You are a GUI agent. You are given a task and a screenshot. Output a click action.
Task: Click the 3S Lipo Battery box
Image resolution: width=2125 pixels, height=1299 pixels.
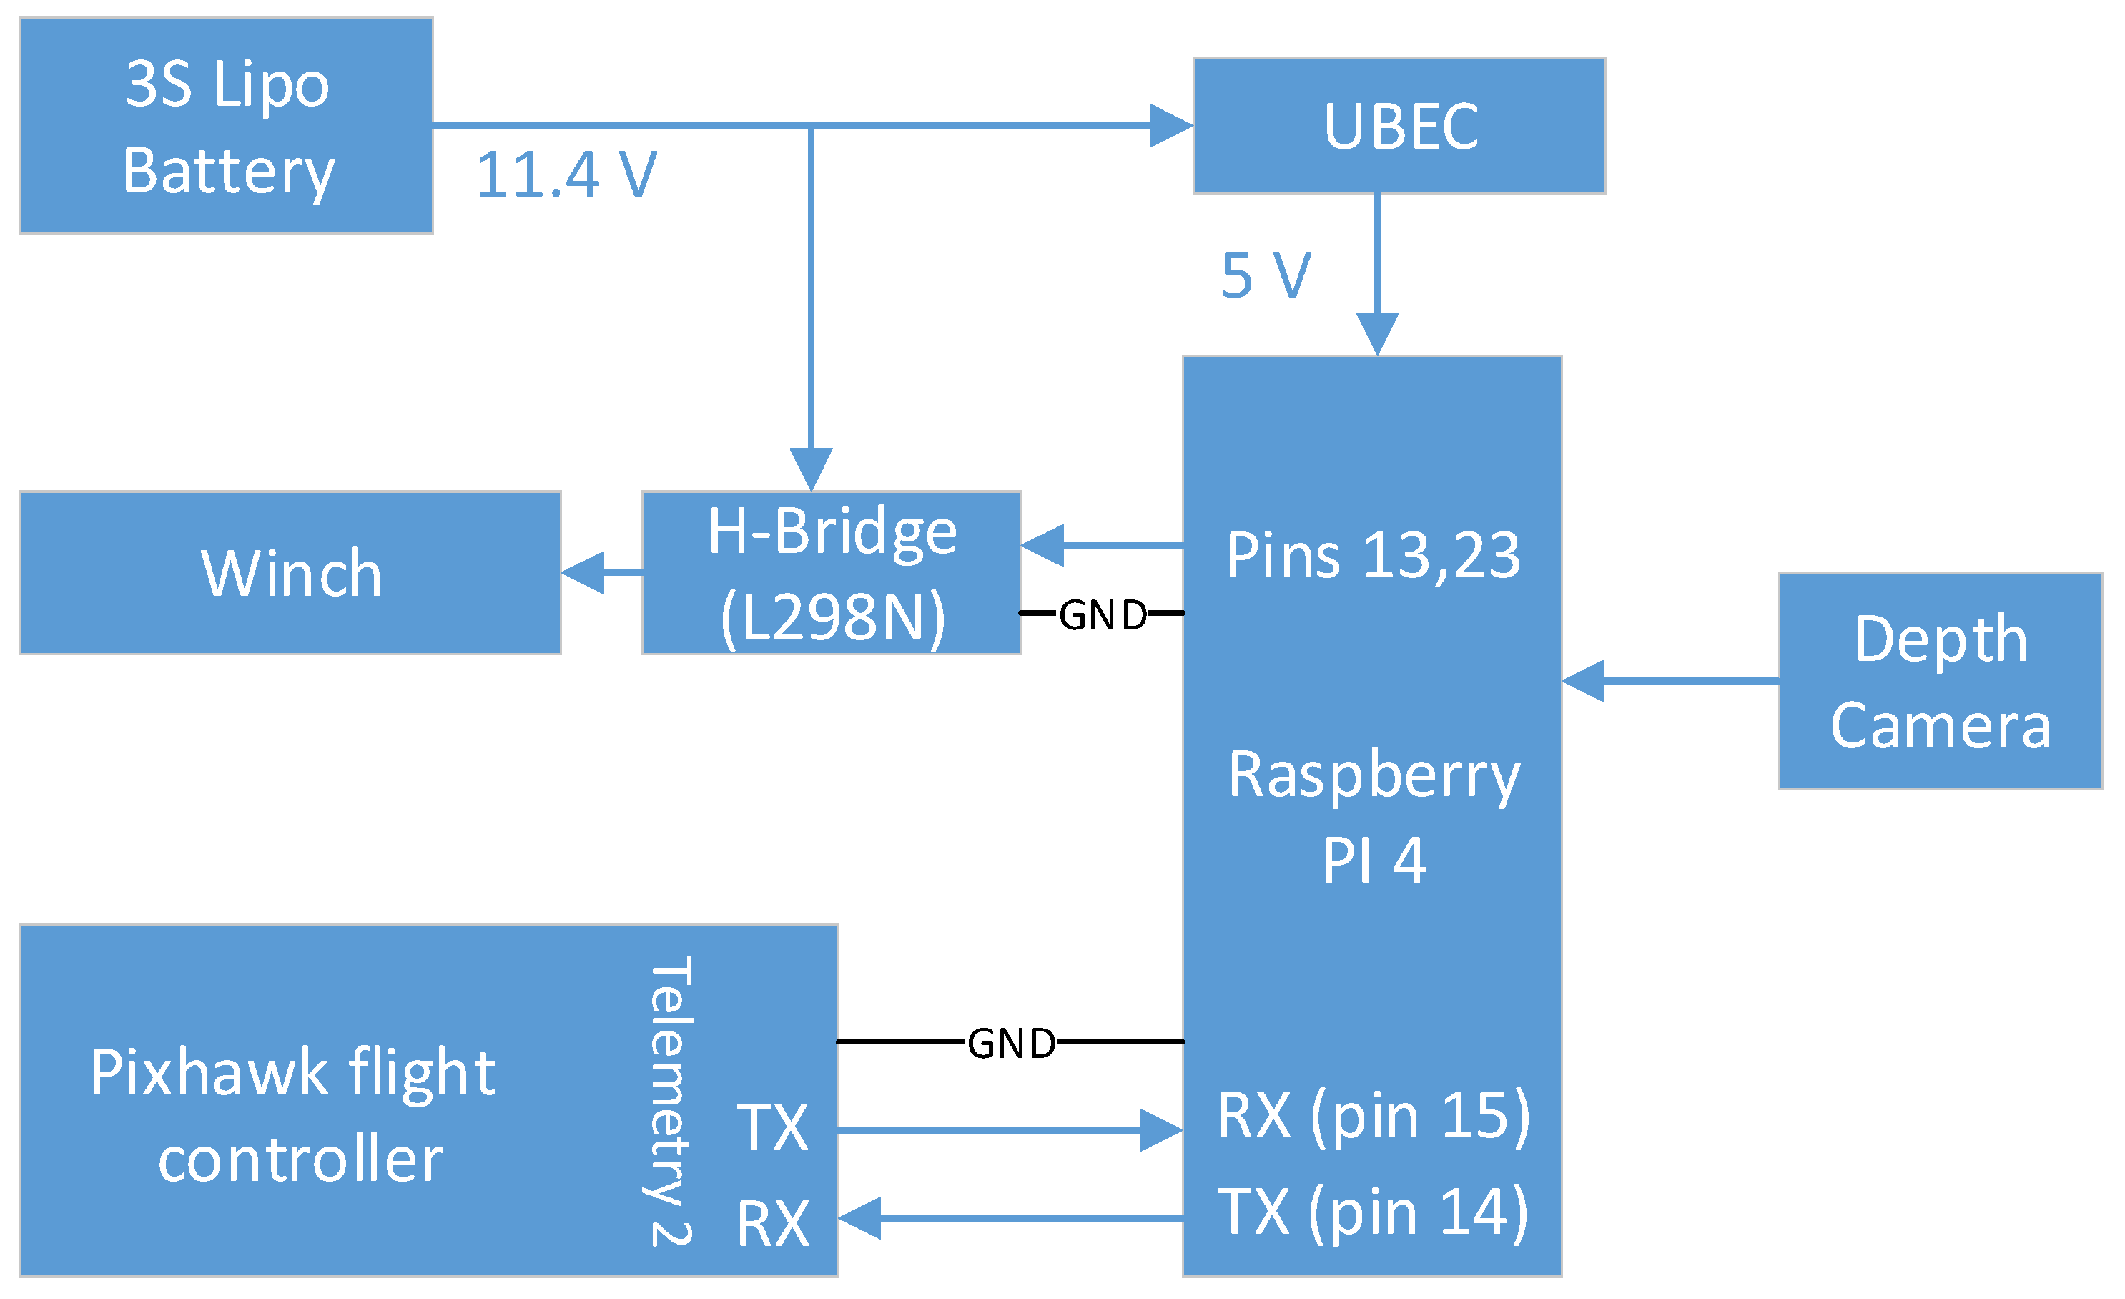pyautogui.click(x=226, y=126)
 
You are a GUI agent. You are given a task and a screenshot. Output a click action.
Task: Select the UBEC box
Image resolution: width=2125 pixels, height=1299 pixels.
pyautogui.click(x=1399, y=126)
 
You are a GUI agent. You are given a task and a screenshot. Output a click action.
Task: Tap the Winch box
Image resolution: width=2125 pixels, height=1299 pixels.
pyautogui.click(x=290, y=573)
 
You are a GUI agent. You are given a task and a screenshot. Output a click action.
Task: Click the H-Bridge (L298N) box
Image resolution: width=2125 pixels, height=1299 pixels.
pyautogui.click(x=832, y=573)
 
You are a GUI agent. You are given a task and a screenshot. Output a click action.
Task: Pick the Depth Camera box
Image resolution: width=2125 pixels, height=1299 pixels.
pyautogui.click(x=1941, y=682)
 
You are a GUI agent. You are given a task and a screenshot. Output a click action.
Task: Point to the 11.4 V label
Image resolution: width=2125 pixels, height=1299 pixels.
pyautogui.click(x=566, y=175)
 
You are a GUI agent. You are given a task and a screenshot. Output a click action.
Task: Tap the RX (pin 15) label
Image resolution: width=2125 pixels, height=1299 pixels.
pyautogui.click(x=1373, y=1115)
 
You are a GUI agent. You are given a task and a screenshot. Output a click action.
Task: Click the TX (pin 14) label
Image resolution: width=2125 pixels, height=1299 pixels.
pyautogui.click(x=1373, y=1212)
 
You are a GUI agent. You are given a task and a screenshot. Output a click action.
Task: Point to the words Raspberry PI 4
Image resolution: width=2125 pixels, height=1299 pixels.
pyautogui.click(x=1373, y=816)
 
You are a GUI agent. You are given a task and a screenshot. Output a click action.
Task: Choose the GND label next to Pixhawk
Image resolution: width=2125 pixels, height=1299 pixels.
pyautogui.click(x=1011, y=1043)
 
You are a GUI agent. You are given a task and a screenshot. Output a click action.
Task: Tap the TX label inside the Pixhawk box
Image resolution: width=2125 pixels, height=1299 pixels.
pyautogui.click(x=773, y=1127)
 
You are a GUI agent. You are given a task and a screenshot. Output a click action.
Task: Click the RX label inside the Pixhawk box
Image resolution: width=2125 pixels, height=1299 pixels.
pyautogui.click(x=773, y=1223)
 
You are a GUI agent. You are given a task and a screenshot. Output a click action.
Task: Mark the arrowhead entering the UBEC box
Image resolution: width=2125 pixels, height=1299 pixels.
pyautogui.click(x=1171, y=126)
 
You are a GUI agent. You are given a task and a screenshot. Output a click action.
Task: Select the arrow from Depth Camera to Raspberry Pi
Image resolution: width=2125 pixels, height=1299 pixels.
pyautogui.click(x=1670, y=682)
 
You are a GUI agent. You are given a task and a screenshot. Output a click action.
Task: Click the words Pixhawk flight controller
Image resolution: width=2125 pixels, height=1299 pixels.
pyautogui.click(x=293, y=1115)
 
